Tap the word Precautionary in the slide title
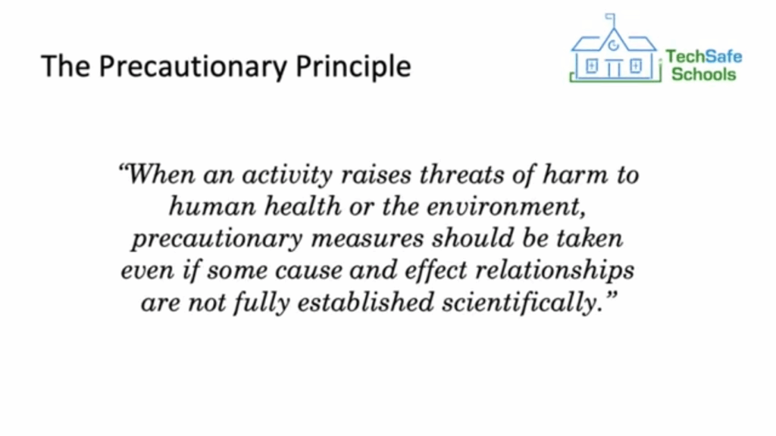[x=193, y=66]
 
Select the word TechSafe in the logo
[x=704, y=57]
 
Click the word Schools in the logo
[x=703, y=74]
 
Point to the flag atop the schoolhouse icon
[x=611, y=18]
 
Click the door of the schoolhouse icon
[x=614, y=68]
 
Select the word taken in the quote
[x=590, y=238]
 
